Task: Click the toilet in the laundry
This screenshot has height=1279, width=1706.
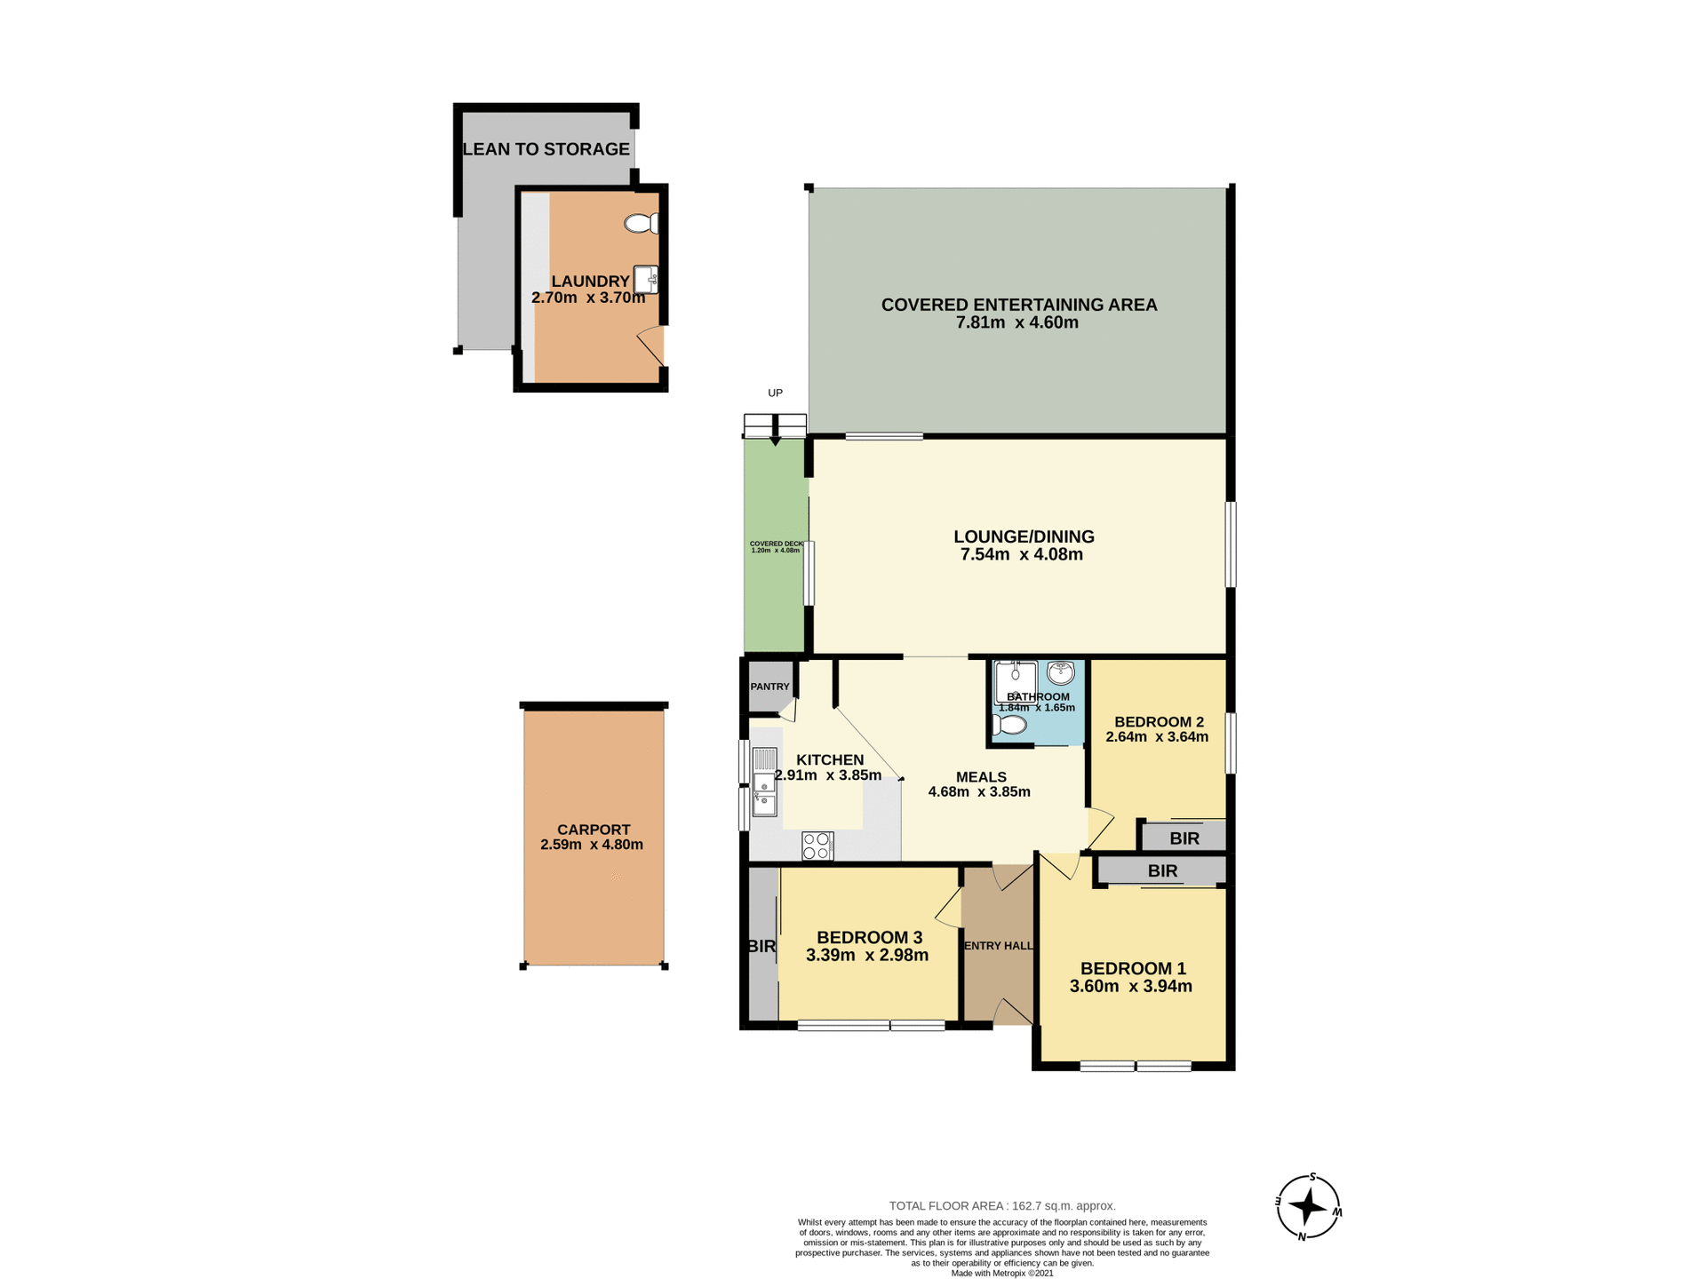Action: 641,223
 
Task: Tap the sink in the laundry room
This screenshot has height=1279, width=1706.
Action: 646,279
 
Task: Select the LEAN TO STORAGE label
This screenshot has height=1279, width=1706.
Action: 546,149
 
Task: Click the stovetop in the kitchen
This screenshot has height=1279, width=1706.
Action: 817,846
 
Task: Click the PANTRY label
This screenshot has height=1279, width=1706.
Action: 769,687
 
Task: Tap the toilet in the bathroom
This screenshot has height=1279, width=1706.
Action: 1010,725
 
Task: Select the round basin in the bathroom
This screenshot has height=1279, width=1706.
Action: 1060,672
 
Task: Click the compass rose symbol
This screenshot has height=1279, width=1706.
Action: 1308,1206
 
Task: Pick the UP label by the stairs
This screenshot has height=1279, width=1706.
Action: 775,393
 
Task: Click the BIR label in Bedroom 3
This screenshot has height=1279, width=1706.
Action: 761,947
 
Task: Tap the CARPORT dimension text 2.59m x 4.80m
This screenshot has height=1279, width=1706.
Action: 592,845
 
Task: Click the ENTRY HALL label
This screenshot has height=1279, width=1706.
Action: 999,946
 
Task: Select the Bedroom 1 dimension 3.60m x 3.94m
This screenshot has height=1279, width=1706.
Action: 1130,987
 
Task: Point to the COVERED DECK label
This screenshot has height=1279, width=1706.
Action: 776,544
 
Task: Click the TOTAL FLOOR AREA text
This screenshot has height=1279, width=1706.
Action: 1002,1205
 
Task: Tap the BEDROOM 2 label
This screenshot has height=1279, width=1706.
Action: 1159,722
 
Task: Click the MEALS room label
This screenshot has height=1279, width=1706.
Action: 981,777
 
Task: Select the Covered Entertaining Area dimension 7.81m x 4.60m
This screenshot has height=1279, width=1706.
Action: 1017,323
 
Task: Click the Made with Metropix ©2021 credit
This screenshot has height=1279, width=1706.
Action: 1002,1273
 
